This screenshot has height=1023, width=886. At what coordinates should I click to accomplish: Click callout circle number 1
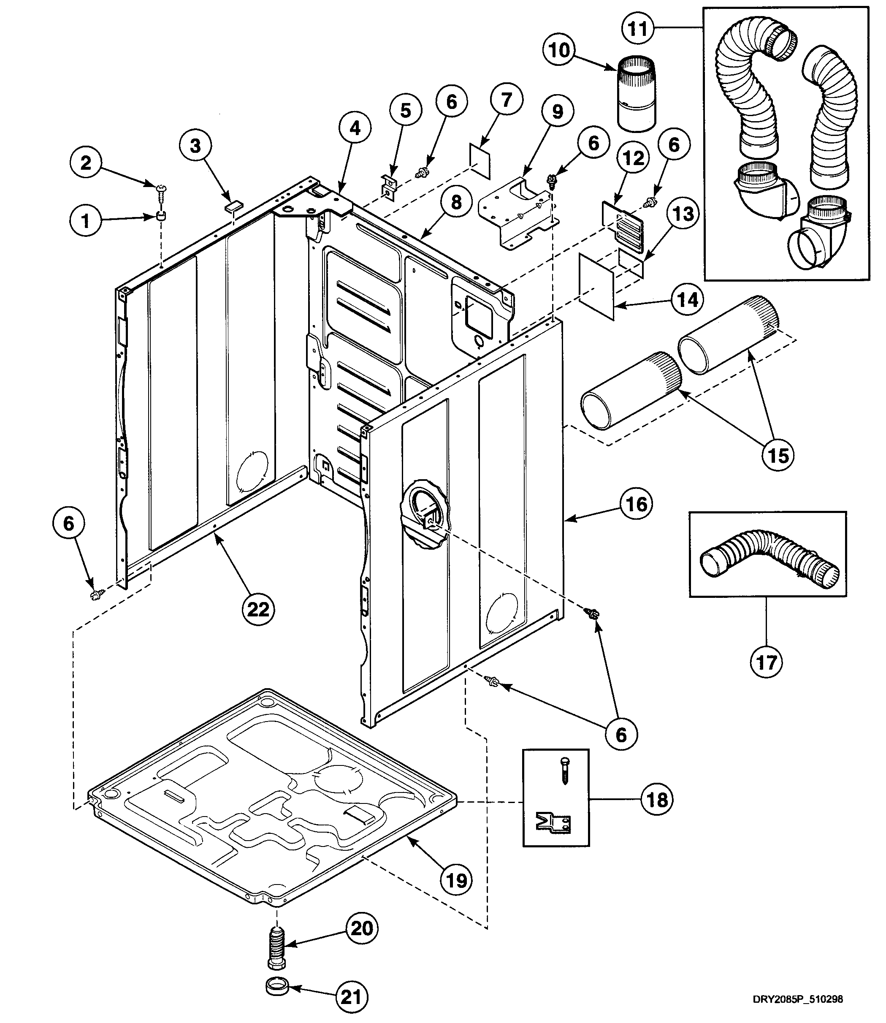click(86, 220)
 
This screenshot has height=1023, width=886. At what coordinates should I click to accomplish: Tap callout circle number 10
click(559, 50)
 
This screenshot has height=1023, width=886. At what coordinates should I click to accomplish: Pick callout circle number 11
click(638, 29)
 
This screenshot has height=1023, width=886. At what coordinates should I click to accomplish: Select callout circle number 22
click(258, 610)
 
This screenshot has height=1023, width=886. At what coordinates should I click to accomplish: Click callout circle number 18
click(657, 800)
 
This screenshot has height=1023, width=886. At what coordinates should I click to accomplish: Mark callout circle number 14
click(687, 300)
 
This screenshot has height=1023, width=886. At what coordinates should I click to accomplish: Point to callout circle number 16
click(636, 505)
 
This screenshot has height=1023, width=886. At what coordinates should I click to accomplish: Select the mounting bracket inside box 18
click(554, 822)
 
